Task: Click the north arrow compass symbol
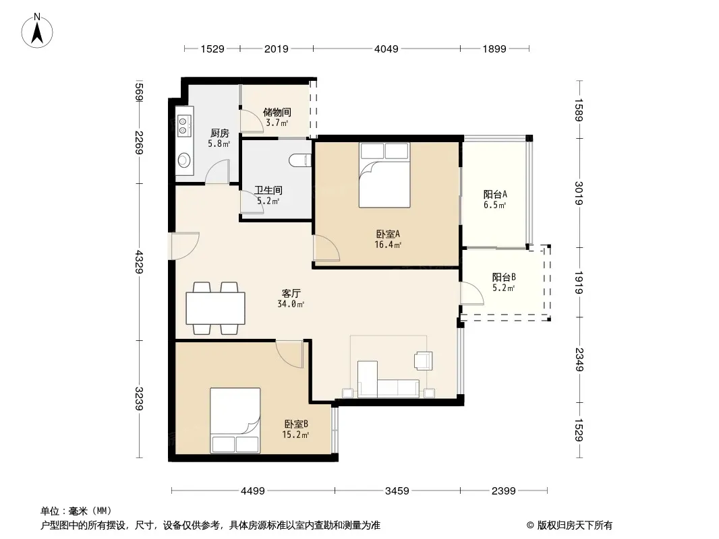tap(37, 31)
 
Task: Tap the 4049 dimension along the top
tap(386, 49)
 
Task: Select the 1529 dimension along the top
tap(212, 49)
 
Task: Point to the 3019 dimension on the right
tap(579, 193)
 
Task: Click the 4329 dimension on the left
tap(140, 262)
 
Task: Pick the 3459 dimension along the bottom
tap(397, 491)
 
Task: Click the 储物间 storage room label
tap(277, 112)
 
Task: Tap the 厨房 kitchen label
tap(220, 133)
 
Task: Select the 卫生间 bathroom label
tap(268, 190)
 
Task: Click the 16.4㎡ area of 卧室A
tap(388, 245)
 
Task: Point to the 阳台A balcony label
tap(495, 194)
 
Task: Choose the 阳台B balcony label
tap(504, 277)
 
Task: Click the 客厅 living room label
tap(291, 293)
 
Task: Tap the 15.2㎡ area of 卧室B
tap(295, 435)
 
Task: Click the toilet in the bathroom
tap(301, 160)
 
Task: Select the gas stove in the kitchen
tap(184, 126)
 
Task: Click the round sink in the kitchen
tap(184, 160)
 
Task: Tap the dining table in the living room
tap(216, 308)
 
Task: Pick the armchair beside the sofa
tap(423, 360)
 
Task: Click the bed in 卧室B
tap(235, 421)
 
